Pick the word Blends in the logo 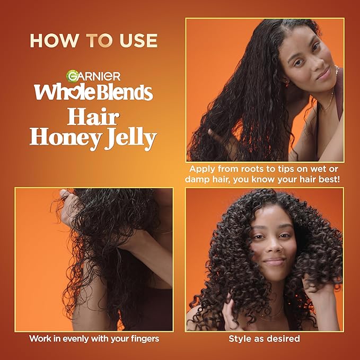tap(125, 92)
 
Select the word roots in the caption tap(258, 170)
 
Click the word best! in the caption tap(328, 180)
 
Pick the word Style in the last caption tap(240, 338)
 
